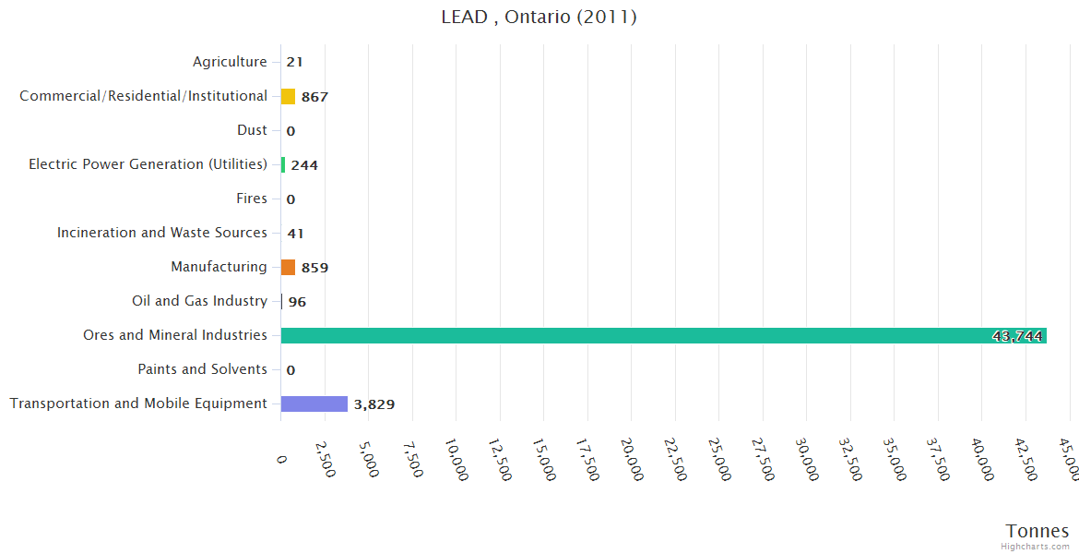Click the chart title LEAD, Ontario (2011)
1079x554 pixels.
[x=539, y=17]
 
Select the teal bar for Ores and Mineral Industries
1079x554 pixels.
[x=663, y=335]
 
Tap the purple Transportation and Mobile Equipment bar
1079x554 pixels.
[x=314, y=403]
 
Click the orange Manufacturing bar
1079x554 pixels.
[x=288, y=267]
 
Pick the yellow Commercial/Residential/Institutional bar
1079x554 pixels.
[x=288, y=96]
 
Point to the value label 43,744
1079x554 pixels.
[x=1017, y=336]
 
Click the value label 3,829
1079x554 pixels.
[x=374, y=404]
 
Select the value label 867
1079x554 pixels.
[x=314, y=97]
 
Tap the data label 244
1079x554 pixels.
[x=304, y=165]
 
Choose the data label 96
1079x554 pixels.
[x=297, y=302]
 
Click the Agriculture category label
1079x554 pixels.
[x=230, y=62]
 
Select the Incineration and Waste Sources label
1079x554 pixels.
[x=162, y=233]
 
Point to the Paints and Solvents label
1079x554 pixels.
[x=202, y=369]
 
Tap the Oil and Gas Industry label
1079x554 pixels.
[x=199, y=301]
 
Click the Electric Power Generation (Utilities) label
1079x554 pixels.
[x=148, y=164]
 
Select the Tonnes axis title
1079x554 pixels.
[x=1037, y=531]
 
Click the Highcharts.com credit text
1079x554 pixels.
[x=1036, y=547]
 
